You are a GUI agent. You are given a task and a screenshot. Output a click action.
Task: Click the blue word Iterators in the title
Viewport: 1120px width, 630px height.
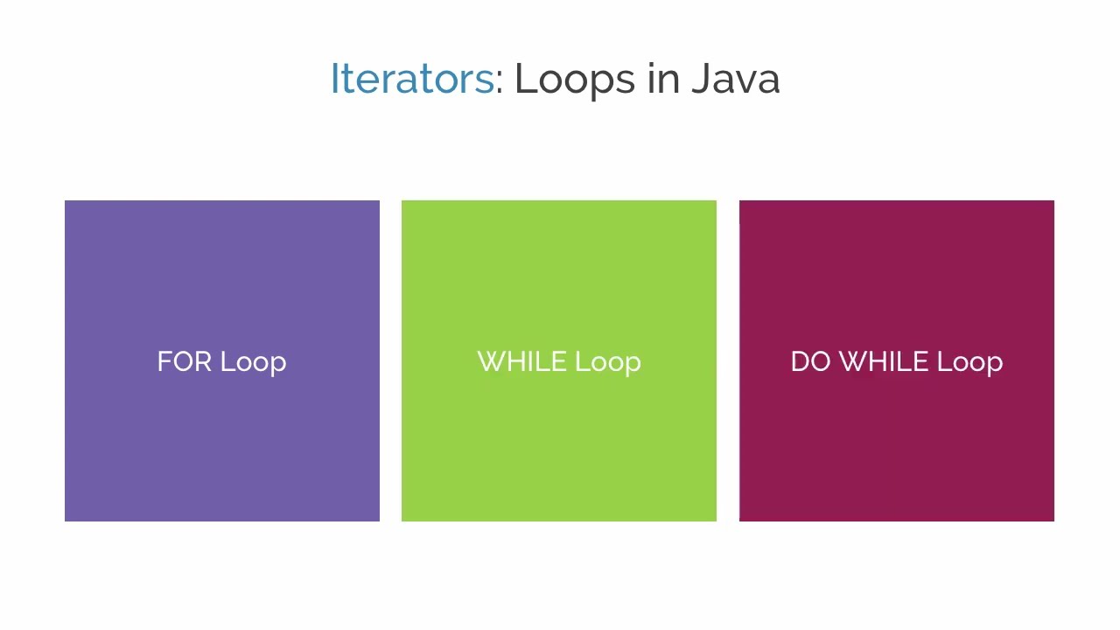pos(412,79)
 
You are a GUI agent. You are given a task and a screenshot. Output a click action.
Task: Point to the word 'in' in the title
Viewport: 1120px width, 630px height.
pos(663,79)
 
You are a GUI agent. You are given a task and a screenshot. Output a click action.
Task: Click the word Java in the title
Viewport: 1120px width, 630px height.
pos(735,79)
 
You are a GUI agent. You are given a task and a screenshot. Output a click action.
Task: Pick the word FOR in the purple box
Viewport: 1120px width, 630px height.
pos(184,362)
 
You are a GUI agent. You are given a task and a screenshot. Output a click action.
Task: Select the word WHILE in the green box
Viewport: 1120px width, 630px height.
pos(521,362)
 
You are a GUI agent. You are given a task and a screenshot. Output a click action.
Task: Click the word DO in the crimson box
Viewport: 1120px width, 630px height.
pos(810,362)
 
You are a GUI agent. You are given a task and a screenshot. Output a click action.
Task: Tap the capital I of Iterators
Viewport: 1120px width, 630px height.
pos(333,79)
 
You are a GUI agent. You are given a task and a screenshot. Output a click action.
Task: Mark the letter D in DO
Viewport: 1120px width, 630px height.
pos(798,362)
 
